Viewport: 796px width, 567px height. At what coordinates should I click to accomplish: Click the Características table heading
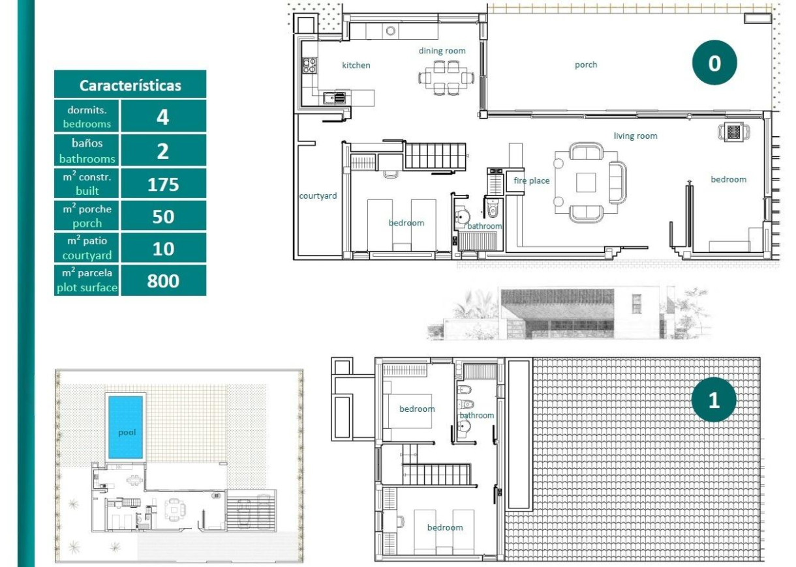pyautogui.click(x=130, y=85)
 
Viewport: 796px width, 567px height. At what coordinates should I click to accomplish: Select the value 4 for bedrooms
pyautogui.click(x=163, y=117)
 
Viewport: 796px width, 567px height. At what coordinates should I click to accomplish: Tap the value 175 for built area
pyautogui.click(x=163, y=184)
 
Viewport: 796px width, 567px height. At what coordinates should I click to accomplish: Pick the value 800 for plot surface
pyautogui.click(x=163, y=281)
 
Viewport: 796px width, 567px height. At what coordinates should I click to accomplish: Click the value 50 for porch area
pyautogui.click(x=163, y=216)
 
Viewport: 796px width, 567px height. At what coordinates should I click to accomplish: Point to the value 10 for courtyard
pyautogui.click(x=163, y=248)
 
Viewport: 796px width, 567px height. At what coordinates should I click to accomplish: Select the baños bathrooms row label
pyautogui.click(x=87, y=150)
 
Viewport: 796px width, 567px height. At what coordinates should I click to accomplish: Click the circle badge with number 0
pyautogui.click(x=714, y=63)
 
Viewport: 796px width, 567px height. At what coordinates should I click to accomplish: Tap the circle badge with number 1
pyautogui.click(x=714, y=400)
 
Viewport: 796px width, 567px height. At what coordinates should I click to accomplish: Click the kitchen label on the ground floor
pyautogui.click(x=356, y=65)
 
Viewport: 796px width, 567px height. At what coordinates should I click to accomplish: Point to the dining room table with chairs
pyautogui.click(x=445, y=78)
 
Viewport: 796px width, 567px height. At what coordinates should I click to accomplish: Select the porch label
pyautogui.click(x=585, y=65)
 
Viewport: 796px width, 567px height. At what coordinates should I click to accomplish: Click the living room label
pyautogui.click(x=635, y=136)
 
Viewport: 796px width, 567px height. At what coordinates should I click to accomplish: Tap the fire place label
pyautogui.click(x=531, y=181)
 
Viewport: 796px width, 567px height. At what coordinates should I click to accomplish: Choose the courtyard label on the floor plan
pyautogui.click(x=318, y=196)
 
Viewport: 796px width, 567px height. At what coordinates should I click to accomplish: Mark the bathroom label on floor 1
pyautogui.click(x=477, y=415)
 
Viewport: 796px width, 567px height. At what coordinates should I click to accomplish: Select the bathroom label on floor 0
pyautogui.click(x=484, y=226)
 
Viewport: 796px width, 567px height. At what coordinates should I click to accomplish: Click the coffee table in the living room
pyautogui.click(x=585, y=182)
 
